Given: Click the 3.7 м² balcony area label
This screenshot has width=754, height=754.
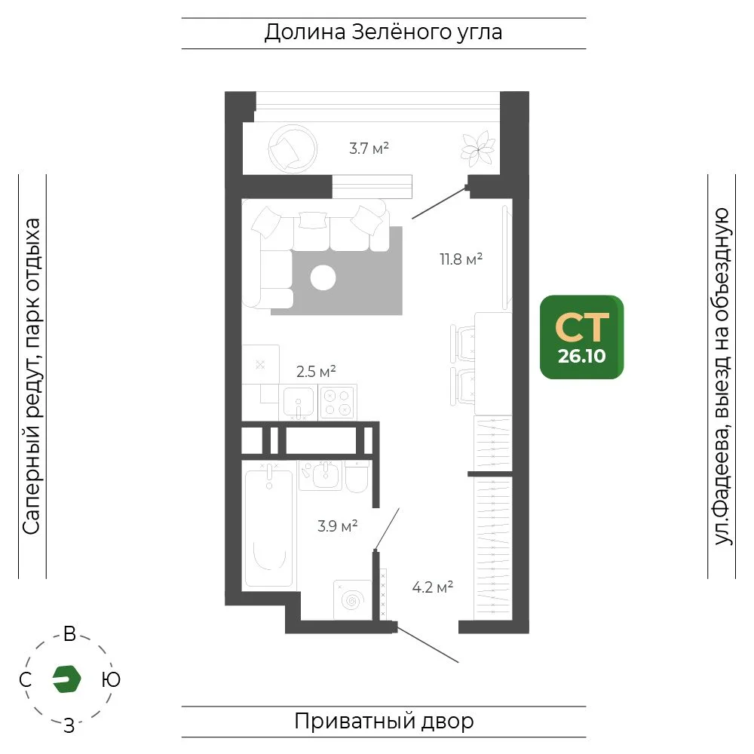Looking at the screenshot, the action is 369,148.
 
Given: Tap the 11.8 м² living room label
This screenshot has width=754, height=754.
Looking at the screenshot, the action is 461,259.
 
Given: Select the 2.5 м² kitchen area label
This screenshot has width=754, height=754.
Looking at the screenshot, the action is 316,371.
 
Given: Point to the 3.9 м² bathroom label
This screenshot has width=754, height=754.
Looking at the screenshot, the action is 338,526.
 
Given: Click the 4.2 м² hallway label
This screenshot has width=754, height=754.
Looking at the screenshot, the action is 433,587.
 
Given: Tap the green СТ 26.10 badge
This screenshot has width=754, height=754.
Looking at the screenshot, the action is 582,337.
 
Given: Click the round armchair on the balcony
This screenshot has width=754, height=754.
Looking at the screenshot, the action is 293,149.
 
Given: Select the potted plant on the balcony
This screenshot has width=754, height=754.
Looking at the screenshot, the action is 478,149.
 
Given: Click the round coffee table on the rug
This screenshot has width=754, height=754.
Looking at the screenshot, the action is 323,277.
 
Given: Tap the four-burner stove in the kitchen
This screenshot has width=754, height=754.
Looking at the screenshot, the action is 338,402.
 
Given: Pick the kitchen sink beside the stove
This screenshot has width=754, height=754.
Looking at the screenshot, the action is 299,402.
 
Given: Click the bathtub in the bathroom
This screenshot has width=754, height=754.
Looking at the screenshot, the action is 269,528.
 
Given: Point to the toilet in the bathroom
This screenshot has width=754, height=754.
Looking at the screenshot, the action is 357,476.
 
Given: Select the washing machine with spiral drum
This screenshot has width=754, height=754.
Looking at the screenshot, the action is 353,600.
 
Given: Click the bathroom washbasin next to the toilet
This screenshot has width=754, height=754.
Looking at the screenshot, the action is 321,475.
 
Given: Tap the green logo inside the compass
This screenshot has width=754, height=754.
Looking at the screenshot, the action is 67,679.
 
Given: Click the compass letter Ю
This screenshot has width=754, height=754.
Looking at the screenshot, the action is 111,679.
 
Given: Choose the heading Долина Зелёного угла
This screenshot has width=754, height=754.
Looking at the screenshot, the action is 383,32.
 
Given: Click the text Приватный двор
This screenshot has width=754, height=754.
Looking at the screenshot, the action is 385,722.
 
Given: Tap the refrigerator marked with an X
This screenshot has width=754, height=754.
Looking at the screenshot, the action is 261,364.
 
